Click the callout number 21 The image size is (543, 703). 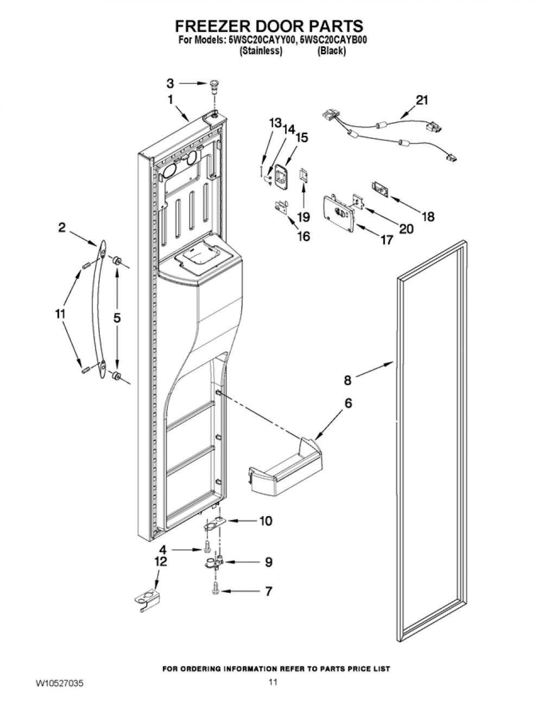421,101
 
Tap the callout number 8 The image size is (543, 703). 348,380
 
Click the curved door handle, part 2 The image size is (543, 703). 99,309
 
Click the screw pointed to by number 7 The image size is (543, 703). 215,592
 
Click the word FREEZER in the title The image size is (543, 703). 216,26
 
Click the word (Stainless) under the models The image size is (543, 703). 261,51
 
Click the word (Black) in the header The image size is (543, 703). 332,51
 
